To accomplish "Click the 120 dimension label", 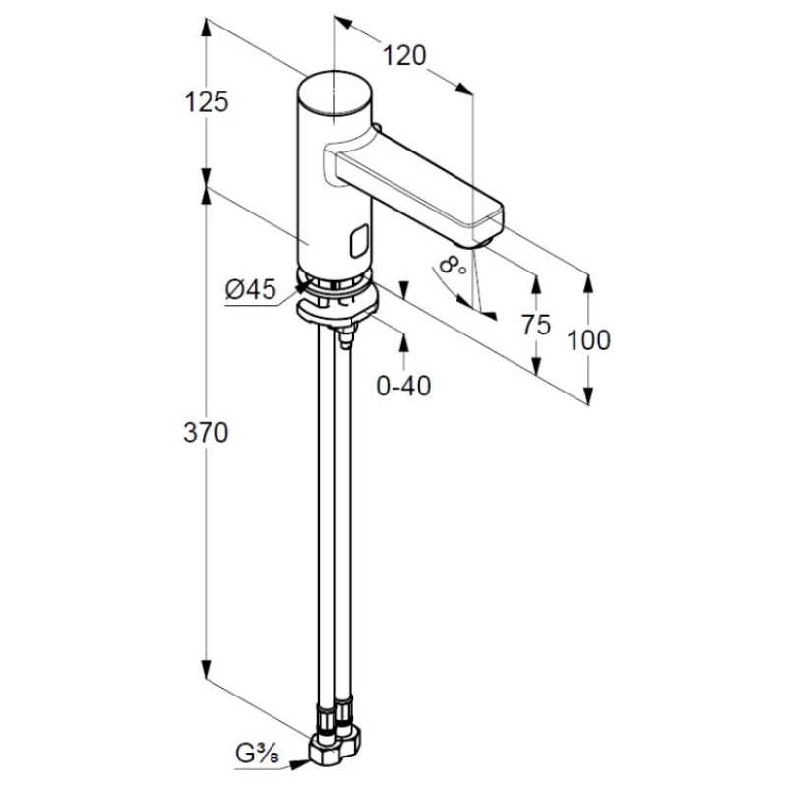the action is pos(404,55).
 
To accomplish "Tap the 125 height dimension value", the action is pos(207,102).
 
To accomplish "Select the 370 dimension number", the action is pos(206,432).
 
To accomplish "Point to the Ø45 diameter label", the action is pos(251,289).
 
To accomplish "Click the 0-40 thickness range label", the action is pos(403,386).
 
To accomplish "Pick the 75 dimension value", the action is pos(536,325).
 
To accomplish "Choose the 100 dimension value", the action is pos(588,339).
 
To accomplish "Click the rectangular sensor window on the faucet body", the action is pos(359,241).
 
